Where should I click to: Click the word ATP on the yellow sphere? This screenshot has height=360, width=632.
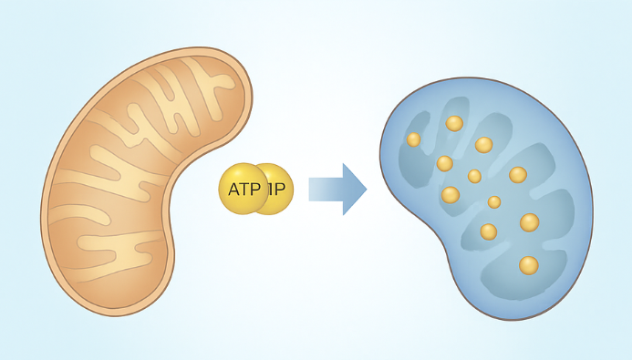pos(243,190)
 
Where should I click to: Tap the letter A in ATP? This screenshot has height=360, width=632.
pos(233,190)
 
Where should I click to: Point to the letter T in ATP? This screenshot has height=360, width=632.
pos(243,190)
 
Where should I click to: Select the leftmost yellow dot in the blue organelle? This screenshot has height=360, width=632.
pos(413,139)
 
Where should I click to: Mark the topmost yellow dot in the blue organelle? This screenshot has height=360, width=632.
pos(454,123)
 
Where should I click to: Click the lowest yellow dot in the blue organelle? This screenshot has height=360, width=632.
pos(528,265)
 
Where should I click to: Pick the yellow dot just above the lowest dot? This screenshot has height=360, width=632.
pos(529,222)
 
